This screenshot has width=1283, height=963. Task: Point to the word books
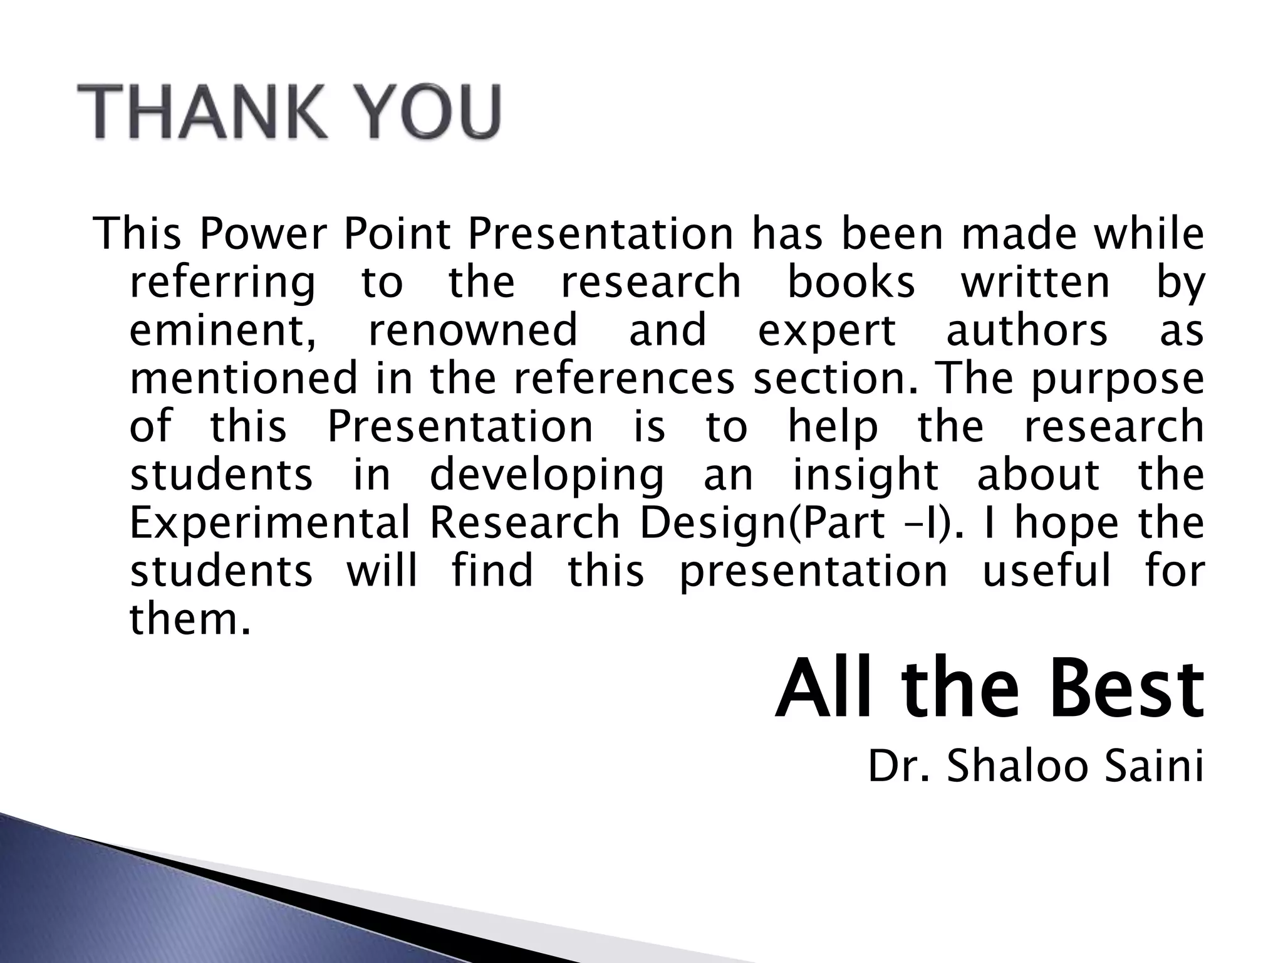pos(850,282)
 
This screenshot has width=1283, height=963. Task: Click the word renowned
pos(472,331)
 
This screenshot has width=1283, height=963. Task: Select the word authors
pos(1027,331)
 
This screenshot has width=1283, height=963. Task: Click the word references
pos(624,379)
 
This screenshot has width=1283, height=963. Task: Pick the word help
pos(833,428)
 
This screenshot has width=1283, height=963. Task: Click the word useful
pos(1046,572)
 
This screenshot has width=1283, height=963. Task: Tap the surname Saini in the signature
pos(1153,767)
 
